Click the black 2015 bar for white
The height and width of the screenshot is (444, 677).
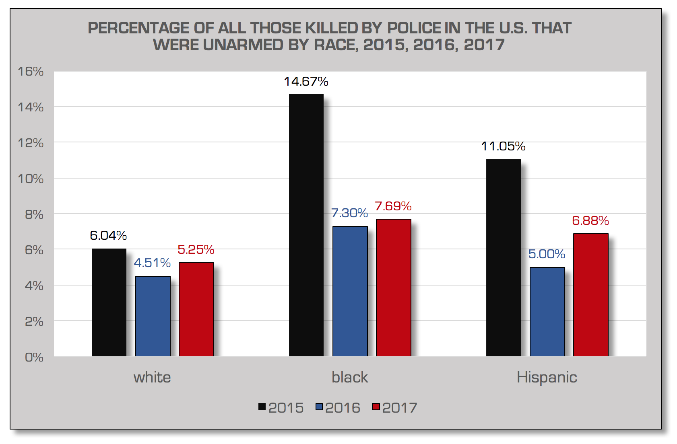(109, 302)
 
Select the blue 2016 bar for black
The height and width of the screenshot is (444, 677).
(350, 291)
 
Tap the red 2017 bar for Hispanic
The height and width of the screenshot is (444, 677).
(590, 295)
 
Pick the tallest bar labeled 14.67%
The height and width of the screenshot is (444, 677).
(306, 225)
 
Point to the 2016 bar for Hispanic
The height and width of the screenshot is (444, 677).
(547, 312)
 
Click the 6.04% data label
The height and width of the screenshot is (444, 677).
(108, 235)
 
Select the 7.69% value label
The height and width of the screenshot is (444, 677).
(393, 206)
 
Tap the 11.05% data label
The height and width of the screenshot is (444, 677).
(503, 146)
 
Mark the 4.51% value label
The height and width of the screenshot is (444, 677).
(152, 263)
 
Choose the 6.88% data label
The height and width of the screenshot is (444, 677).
(590, 220)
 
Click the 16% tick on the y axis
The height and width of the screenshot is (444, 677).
(31, 71)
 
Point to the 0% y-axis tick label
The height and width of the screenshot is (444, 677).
(34, 357)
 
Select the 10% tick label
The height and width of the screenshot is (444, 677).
(31, 179)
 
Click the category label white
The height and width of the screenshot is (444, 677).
(152, 377)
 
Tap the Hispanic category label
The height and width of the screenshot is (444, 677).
(547, 377)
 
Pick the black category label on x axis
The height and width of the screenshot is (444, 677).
(350, 377)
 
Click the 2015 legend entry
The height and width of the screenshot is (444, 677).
(281, 407)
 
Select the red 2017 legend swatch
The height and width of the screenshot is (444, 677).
(376, 407)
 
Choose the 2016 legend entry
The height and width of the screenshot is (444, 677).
(338, 407)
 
